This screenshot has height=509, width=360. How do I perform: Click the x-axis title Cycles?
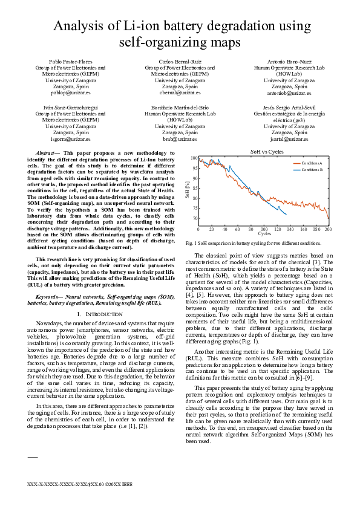pos(264,234)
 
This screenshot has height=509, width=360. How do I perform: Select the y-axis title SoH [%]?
pos(187,190)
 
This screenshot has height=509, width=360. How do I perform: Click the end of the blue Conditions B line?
pos(286,213)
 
